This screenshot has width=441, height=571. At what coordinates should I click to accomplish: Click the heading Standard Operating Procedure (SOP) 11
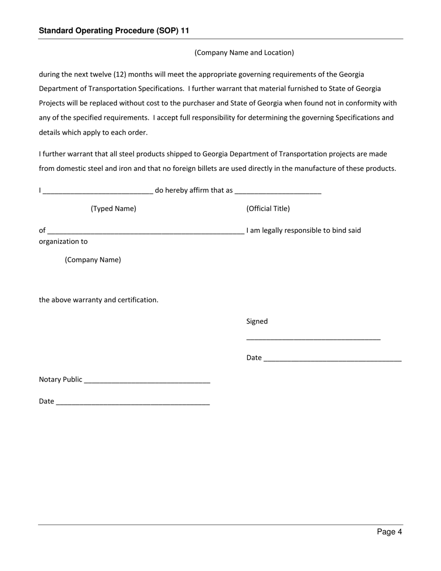coord(114,31)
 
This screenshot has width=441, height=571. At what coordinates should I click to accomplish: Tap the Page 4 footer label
coord(389,532)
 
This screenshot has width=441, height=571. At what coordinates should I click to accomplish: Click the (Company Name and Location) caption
coord(244,52)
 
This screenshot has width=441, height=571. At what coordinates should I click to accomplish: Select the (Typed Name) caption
coord(113,208)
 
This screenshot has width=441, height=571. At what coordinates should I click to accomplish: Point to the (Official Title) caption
coord(268,208)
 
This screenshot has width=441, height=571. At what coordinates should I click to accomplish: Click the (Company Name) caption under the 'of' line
coord(93,260)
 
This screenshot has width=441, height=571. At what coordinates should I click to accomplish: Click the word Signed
coord(257,321)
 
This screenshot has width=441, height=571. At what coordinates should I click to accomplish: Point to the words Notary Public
coord(60,379)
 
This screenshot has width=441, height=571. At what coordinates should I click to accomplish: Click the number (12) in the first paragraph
coord(119,74)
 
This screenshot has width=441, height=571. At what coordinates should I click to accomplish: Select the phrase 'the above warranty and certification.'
coord(98,300)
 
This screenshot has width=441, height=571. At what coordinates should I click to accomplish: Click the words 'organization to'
coord(63,241)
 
